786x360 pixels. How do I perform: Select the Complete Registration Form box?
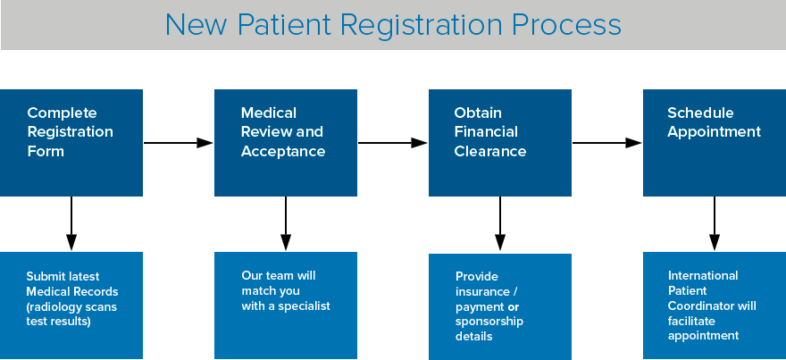[x=71, y=143]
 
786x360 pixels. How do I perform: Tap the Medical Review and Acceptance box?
[x=286, y=143]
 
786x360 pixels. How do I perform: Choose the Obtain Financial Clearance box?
[x=500, y=143]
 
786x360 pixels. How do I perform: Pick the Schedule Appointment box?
[x=715, y=143]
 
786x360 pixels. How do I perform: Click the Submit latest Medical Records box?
[x=71, y=306]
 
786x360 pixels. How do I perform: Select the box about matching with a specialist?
[x=286, y=306]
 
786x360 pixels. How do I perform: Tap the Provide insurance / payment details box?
[x=500, y=306]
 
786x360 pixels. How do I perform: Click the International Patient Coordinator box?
[x=715, y=306]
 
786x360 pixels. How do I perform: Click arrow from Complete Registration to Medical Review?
[x=179, y=142]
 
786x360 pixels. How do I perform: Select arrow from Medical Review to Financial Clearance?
[x=393, y=142]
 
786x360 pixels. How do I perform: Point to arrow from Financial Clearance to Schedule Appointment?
[x=607, y=142]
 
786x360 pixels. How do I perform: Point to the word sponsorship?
[x=489, y=322]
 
